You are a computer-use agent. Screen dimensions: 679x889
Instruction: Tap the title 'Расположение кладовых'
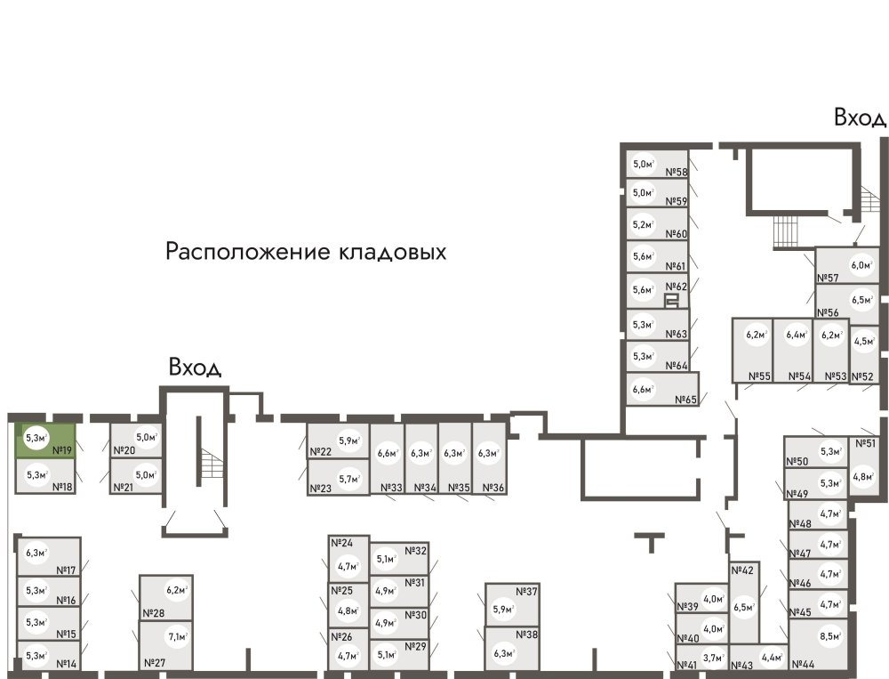click(x=306, y=252)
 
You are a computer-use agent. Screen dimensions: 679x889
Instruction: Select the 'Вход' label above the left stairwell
click(x=195, y=368)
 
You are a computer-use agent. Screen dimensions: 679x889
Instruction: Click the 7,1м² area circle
click(x=178, y=637)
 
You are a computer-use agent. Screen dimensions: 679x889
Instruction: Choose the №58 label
click(x=677, y=173)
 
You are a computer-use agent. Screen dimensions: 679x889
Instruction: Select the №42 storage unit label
click(x=742, y=570)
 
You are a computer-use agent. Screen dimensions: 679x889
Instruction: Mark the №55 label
click(x=758, y=376)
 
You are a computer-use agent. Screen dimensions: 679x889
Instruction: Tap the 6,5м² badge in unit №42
click(x=744, y=609)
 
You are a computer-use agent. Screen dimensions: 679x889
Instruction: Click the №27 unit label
click(x=154, y=663)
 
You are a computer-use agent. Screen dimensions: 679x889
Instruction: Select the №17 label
click(x=66, y=570)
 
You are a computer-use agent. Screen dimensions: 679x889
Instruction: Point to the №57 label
click(x=829, y=279)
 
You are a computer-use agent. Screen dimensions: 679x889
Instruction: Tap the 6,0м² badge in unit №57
click(x=861, y=264)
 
